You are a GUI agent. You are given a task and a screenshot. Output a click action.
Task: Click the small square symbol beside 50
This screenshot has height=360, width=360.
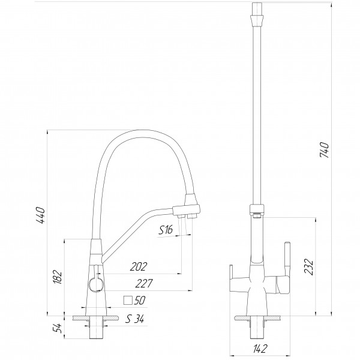(x=127, y=300)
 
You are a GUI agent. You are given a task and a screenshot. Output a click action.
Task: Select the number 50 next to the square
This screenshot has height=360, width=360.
(x=140, y=300)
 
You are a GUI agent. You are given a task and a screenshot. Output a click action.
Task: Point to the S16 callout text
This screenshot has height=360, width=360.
(x=166, y=230)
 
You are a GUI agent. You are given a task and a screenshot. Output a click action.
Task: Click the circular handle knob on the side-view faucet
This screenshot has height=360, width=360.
(x=94, y=283)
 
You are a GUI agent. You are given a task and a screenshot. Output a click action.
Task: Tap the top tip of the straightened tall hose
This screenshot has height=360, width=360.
(x=256, y=7)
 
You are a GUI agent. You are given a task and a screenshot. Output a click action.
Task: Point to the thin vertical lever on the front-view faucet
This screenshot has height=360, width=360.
(x=286, y=258)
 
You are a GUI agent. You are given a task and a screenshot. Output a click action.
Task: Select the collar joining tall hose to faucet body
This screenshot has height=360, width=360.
(x=256, y=211)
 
